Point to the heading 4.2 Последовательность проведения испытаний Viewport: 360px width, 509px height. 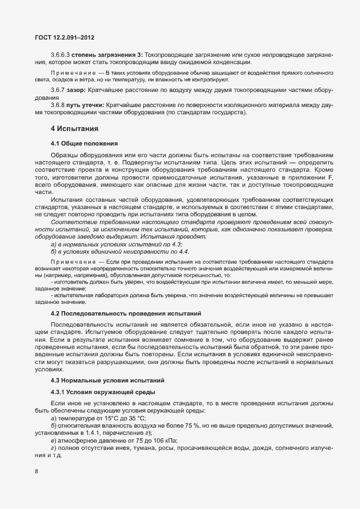click(125, 313)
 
